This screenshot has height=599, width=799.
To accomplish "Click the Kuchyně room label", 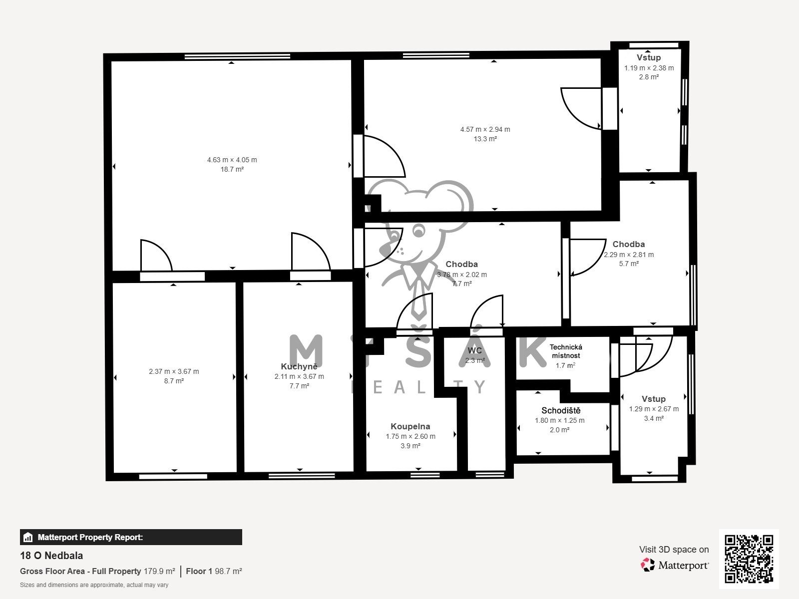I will point(299,366).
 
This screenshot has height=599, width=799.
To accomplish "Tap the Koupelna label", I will point(410,426).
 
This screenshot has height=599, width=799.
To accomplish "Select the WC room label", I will point(475,350).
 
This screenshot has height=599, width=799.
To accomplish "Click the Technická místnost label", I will point(565,351).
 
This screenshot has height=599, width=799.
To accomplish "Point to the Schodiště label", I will point(561,410).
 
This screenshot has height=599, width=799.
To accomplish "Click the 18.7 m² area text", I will point(232,169).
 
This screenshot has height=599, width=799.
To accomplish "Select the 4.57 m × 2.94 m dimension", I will point(485,129).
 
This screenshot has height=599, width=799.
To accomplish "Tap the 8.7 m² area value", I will point(174,381).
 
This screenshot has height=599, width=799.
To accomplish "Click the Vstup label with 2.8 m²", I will point(649,57).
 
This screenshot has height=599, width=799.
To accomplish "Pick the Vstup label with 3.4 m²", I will point(653,399).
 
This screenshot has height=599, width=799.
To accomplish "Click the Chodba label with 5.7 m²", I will point(628,244).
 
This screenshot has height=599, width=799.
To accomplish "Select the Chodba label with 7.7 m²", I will point(461,264).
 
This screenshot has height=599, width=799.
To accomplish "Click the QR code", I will point(749,559).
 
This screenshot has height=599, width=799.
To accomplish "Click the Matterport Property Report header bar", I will point(131,537).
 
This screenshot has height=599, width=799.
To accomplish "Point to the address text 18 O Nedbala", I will point(51,556).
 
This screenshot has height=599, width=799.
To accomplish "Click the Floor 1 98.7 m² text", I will point(214,571).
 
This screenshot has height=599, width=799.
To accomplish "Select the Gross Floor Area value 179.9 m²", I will point(159,571).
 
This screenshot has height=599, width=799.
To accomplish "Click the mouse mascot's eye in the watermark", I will point(418,231).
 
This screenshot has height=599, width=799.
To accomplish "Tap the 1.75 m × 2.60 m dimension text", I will point(410,436).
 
